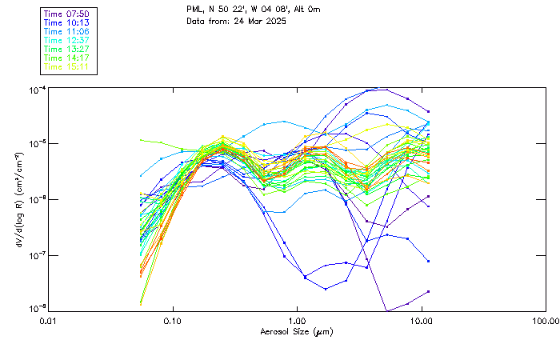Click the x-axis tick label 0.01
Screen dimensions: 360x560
click(x=49, y=321)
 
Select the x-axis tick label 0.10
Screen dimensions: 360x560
click(x=173, y=321)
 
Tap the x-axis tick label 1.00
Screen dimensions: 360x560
click(x=297, y=321)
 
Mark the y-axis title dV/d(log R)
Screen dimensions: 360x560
click(x=18, y=199)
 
